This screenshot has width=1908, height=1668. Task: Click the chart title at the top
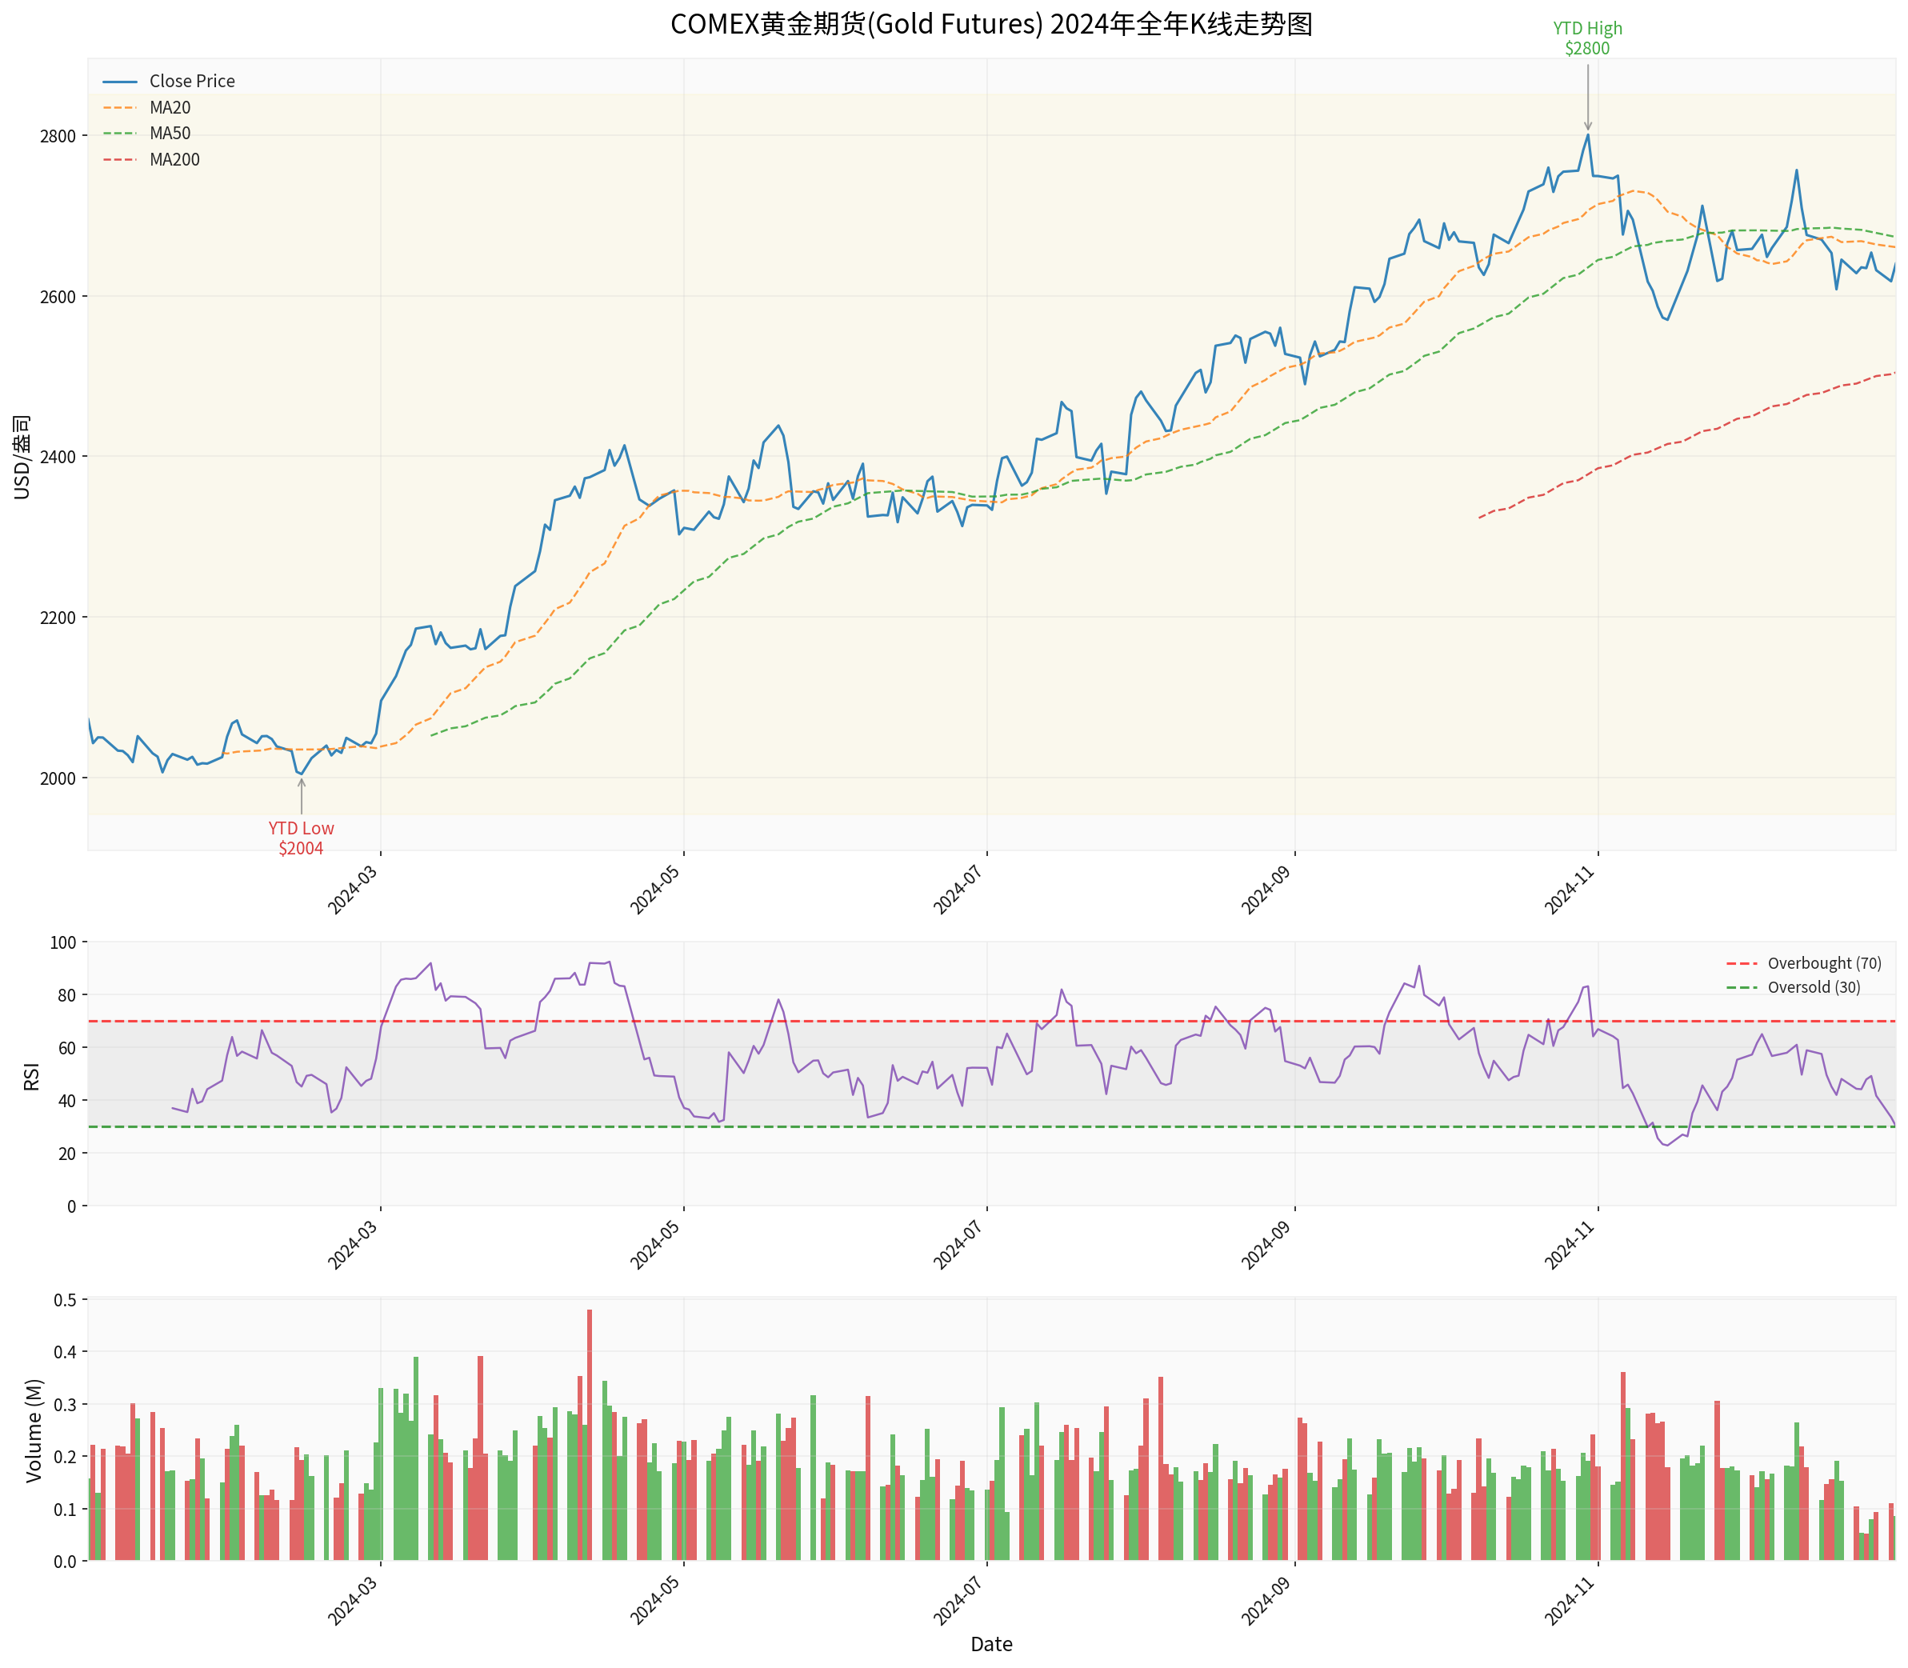pos(991,24)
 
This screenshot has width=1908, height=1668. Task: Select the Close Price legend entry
pos(192,82)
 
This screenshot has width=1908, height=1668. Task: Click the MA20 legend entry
pos(170,108)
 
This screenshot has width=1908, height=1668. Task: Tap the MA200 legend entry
pos(174,160)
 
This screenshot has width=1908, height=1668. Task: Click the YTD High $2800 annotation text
pos(1587,39)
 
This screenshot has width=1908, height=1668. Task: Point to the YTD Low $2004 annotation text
pos(301,838)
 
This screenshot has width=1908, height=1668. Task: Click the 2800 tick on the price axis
pos(58,136)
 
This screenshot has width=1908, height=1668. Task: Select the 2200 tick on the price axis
pos(58,617)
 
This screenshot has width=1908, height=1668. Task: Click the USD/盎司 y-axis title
pos(22,456)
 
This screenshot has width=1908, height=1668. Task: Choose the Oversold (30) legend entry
pos(1814,987)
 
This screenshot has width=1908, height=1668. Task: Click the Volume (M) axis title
pos(34,1430)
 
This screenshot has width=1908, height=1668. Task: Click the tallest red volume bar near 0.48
pos(589,1434)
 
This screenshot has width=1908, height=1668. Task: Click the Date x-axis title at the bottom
pos(991,1644)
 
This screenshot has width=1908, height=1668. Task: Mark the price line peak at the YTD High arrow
pos(1588,135)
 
